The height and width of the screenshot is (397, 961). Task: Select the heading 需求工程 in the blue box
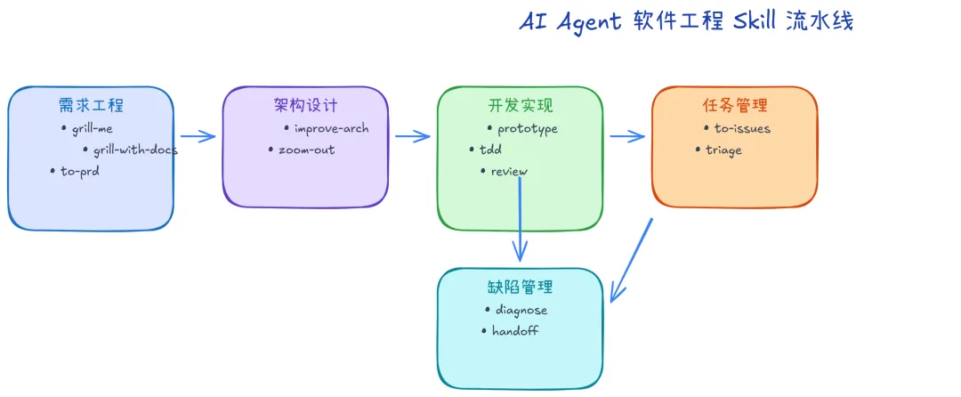(x=91, y=105)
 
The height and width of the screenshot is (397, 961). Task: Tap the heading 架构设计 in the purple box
(x=305, y=105)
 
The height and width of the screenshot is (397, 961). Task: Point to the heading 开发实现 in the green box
(x=521, y=105)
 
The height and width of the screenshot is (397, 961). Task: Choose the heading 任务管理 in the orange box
(x=735, y=105)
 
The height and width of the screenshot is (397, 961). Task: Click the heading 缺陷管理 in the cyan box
(x=521, y=287)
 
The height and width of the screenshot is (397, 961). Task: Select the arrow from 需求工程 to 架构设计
(x=198, y=136)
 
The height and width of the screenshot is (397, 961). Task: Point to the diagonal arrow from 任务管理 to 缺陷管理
(x=631, y=261)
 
